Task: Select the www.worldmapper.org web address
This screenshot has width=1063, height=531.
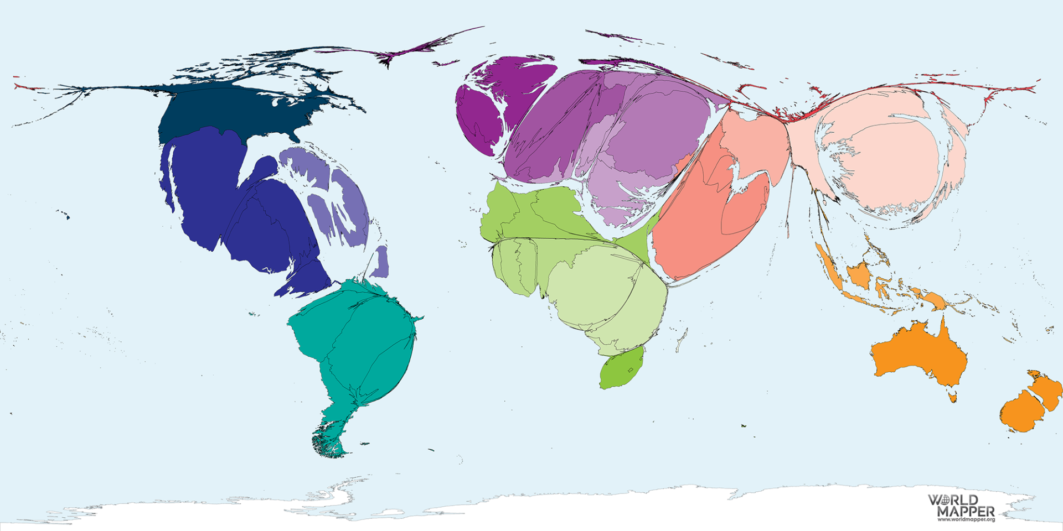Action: click(966, 519)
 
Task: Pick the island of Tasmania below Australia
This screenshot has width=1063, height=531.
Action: click(953, 397)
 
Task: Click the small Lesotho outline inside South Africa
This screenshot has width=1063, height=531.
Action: click(630, 369)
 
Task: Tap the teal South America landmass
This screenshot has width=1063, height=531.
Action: click(354, 343)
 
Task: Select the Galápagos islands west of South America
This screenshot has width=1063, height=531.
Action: click(254, 314)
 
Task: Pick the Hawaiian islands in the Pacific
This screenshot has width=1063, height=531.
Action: click(63, 214)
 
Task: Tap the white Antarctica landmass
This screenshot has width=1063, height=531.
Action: click(554, 509)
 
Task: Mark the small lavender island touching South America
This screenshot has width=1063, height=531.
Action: click(380, 262)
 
